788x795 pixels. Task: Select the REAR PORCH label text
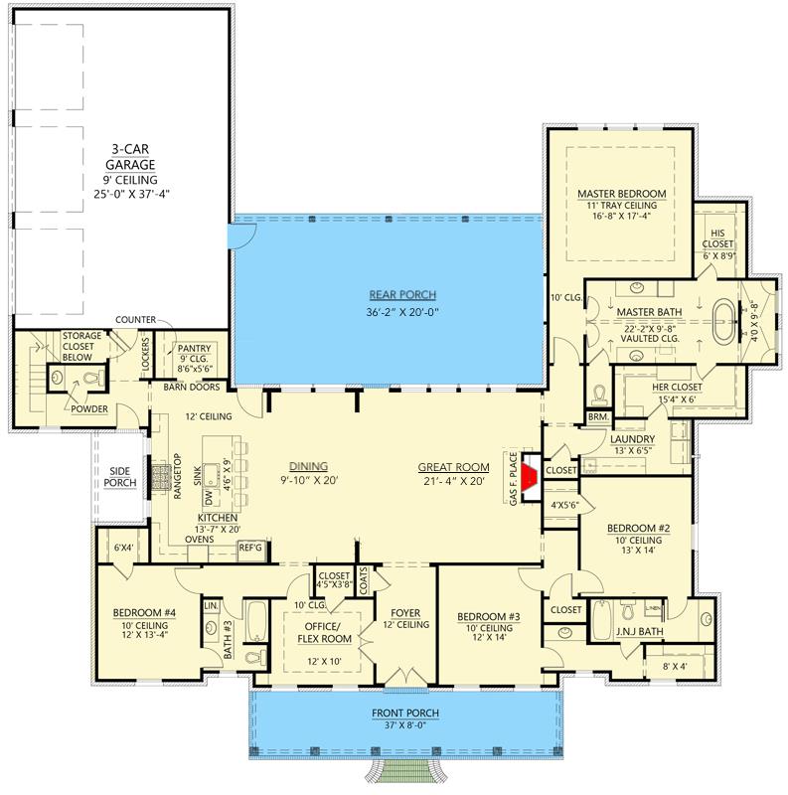pos(402,295)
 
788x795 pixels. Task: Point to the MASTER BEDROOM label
pos(621,193)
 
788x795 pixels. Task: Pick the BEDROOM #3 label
pos(485,616)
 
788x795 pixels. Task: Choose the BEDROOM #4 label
pos(144,613)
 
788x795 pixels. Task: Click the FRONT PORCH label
pos(404,713)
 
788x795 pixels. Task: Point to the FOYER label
pos(404,612)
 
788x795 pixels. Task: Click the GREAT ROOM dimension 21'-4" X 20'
pos(453,482)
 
